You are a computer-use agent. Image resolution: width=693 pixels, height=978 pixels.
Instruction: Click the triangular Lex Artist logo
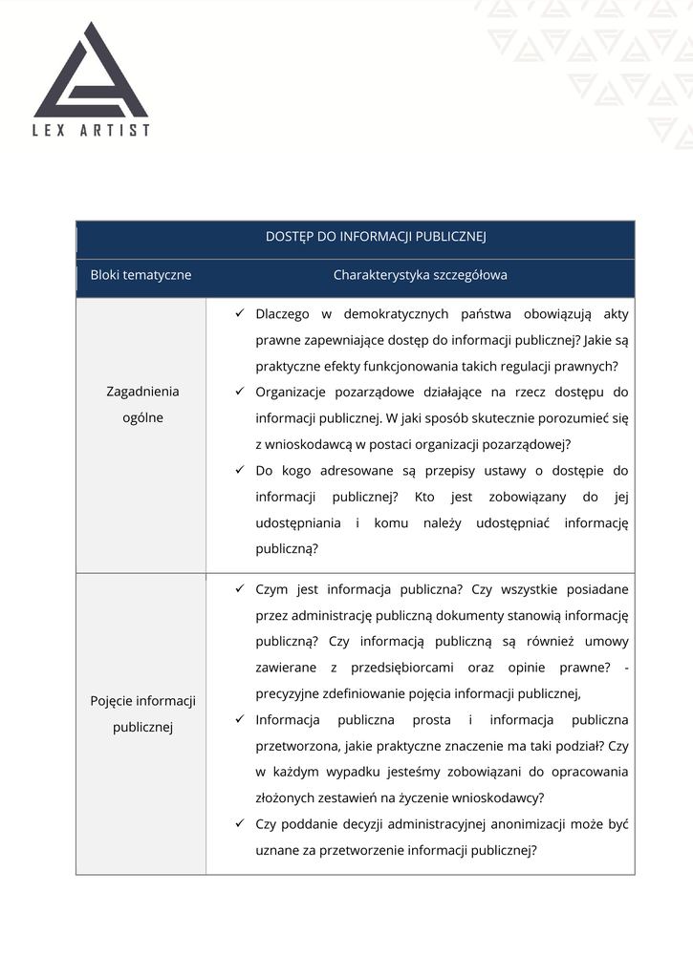91,74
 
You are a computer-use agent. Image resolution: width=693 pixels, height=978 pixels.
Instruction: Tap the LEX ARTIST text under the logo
92,130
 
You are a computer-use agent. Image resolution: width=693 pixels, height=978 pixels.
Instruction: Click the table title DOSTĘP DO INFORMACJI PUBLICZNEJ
376,237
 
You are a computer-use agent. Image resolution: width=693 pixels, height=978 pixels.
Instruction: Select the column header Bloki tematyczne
141,275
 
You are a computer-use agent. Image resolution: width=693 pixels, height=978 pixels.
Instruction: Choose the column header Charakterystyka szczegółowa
420,275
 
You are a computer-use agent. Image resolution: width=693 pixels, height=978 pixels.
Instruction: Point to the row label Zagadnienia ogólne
142,404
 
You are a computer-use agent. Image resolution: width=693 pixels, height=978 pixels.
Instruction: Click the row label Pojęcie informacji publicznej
142,713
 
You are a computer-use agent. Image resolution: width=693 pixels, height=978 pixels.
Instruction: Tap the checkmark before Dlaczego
240,313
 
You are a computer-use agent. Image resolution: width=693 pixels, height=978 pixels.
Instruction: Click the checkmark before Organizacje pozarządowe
240,392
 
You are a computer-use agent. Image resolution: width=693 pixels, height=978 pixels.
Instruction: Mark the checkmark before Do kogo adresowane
240,470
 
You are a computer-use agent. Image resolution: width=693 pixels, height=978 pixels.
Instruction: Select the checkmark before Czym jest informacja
240,589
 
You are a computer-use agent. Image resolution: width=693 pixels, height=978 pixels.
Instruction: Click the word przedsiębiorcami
425,668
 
